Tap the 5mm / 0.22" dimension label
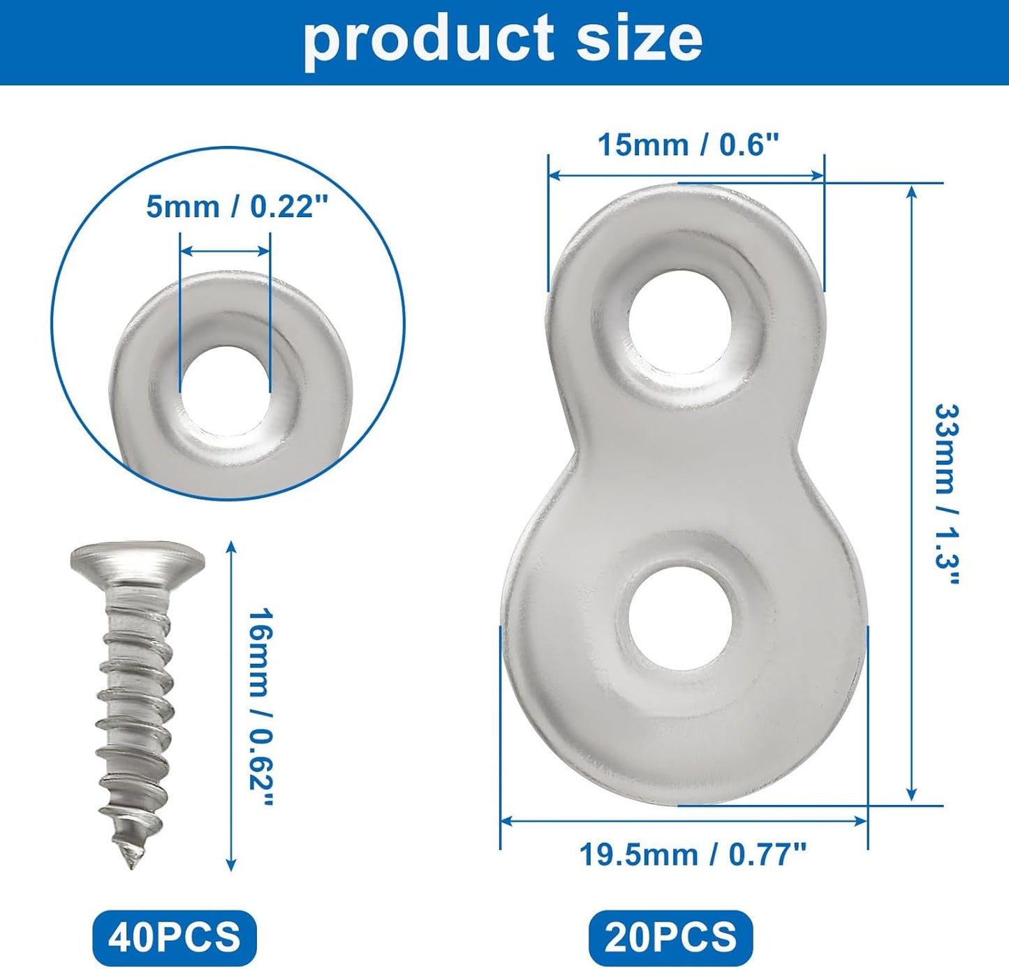coord(237,207)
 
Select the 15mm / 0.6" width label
coord(688,145)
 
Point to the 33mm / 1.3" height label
coord(947,494)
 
